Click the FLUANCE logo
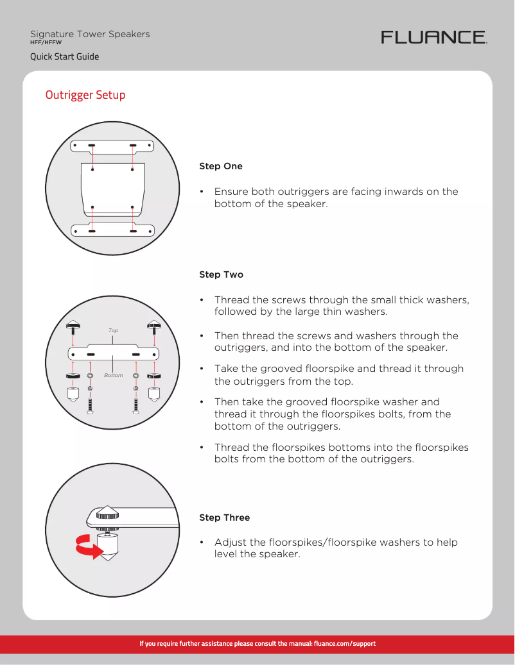434,37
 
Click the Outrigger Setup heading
85,95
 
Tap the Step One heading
221,166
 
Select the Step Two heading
221,274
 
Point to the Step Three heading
224,518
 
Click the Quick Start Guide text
64,56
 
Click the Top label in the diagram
113,331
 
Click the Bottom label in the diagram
113,375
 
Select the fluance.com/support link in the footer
344,643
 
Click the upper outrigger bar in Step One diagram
112,146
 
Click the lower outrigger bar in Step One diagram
112,231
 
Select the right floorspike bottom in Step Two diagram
154,393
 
